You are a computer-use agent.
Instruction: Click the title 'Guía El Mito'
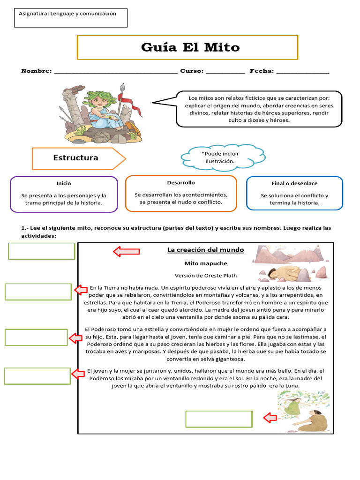click(190, 47)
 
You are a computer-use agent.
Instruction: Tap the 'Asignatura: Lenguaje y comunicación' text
click(67, 14)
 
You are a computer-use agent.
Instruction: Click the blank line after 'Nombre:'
click(116, 72)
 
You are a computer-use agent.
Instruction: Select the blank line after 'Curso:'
click(225, 72)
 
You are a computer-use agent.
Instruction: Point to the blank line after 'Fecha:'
click(303, 72)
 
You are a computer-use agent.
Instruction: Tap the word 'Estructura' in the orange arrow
click(76, 158)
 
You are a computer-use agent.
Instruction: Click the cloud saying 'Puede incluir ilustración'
click(220, 157)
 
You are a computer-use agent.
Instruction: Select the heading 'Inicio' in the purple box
click(64, 183)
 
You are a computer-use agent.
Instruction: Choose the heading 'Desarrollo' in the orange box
click(181, 182)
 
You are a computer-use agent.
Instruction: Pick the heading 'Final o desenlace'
click(294, 183)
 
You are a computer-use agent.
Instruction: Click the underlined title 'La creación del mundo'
click(206, 250)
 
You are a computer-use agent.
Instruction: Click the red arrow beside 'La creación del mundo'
click(126, 251)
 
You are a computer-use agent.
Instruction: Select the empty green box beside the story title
click(42, 251)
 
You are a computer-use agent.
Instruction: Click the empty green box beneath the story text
click(219, 419)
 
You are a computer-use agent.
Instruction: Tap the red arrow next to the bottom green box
click(270, 418)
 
